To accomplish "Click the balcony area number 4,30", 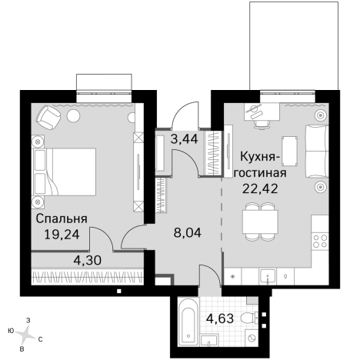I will [87, 261].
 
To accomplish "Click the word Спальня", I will [61, 218].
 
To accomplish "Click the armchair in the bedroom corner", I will [49, 118].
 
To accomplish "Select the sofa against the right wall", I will [316, 151].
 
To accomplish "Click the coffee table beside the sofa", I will [289, 149].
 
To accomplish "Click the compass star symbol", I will [25, 332].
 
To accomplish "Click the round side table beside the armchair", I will [74, 115].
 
